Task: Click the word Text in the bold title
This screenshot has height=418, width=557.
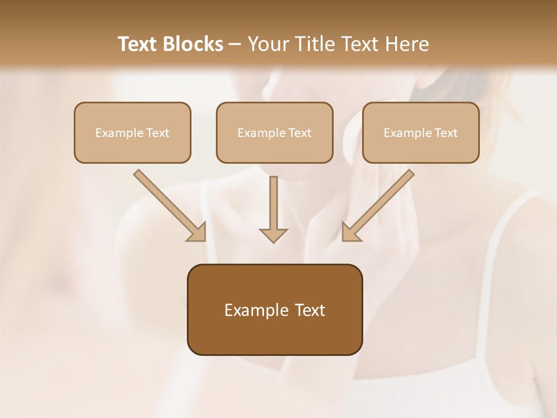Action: [x=138, y=44]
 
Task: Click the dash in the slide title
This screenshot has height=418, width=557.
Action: [x=235, y=45]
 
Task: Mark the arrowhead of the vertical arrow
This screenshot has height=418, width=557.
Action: [x=273, y=235]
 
